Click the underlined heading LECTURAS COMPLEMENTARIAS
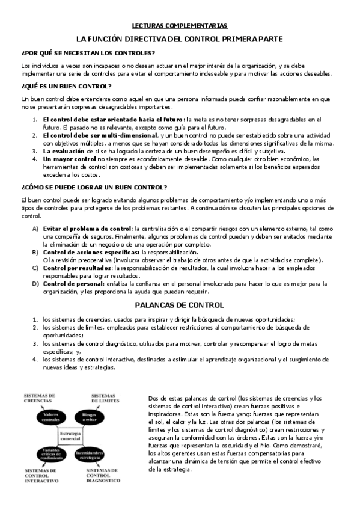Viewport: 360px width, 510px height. coord(180,26)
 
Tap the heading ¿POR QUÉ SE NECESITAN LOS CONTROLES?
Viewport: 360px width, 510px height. coord(80,52)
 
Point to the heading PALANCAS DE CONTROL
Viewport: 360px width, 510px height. coord(180,305)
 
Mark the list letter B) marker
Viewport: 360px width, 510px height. coord(35,253)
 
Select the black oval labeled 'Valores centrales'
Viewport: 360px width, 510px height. coord(47,418)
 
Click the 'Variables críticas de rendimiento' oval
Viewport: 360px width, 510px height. coord(47,453)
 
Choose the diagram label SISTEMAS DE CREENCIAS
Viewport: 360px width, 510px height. coord(40,397)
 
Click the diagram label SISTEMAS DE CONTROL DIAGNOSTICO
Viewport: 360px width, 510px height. coord(103,475)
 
